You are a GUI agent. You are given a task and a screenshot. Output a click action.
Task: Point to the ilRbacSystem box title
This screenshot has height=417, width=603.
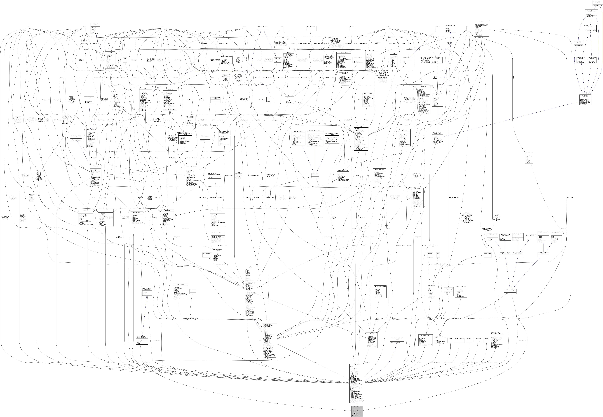[x=372, y=334]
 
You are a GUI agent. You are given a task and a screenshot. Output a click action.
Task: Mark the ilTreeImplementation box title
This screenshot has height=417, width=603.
[x=368, y=93]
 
